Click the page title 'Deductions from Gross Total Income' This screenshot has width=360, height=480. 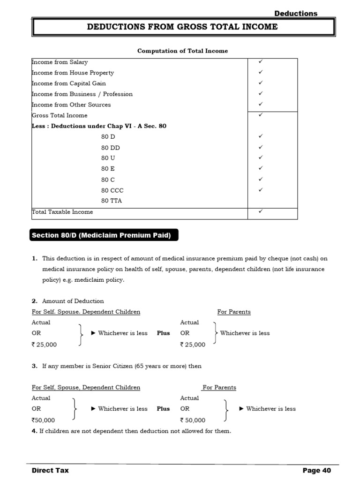tap(182, 27)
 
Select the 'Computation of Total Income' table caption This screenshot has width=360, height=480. tap(182, 51)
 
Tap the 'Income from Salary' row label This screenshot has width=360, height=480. tap(60, 62)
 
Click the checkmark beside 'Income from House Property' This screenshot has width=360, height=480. tap(261, 72)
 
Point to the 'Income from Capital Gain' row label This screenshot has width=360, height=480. tap(68, 83)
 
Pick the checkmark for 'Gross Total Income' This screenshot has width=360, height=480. tap(261, 114)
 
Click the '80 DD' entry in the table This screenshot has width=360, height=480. tap(110, 148)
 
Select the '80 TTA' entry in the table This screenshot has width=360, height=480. tap(112, 201)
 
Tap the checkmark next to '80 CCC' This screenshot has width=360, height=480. tap(261, 190)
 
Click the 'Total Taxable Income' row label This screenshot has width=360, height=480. tap(62, 212)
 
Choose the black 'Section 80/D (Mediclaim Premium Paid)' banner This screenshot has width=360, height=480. tap(104, 235)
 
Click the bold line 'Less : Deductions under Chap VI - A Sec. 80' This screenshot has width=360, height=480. tap(99, 126)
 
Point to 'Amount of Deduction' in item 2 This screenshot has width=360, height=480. tap(73, 301)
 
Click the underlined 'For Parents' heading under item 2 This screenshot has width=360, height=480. tap(234, 312)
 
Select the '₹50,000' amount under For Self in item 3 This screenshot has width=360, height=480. tap(43, 420)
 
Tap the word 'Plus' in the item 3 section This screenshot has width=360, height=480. tap(163, 409)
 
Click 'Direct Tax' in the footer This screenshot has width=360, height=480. tap(50, 470)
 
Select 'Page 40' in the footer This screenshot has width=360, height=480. tap(316, 470)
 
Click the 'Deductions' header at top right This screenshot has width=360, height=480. tap(296, 13)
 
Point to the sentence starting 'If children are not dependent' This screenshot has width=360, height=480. tap(131, 431)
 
